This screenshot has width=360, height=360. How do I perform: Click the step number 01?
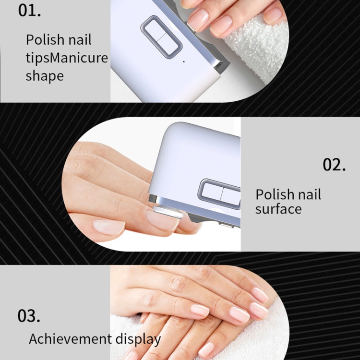[29, 11]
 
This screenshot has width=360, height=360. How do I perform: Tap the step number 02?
[334, 164]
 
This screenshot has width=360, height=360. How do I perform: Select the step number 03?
[29, 316]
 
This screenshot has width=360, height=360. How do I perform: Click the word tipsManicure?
[67, 58]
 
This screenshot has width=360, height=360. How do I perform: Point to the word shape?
[45, 76]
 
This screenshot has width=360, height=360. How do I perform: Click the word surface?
[278, 209]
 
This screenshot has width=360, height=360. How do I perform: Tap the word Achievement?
[70, 339]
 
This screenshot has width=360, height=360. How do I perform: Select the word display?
[138, 339]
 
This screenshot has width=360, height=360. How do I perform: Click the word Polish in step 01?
[45, 39]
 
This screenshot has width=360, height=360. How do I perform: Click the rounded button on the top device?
[162, 37]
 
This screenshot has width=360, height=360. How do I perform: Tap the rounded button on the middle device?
[219, 193]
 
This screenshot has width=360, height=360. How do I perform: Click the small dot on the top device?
[184, 61]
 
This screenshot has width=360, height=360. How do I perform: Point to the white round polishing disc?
[168, 212]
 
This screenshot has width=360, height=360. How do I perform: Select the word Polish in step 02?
[275, 194]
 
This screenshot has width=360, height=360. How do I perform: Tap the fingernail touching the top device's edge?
[198, 20]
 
